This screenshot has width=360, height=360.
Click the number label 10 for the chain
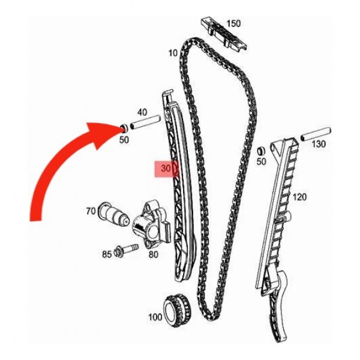point(173,53)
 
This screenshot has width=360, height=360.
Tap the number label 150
point(233,23)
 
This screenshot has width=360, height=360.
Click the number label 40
point(142,112)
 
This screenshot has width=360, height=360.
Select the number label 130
point(318,144)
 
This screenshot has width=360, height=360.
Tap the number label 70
point(91,211)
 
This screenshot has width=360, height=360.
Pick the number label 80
point(153,254)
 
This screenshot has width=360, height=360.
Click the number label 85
point(106,254)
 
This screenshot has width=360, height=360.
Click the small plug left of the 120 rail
point(262,150)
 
